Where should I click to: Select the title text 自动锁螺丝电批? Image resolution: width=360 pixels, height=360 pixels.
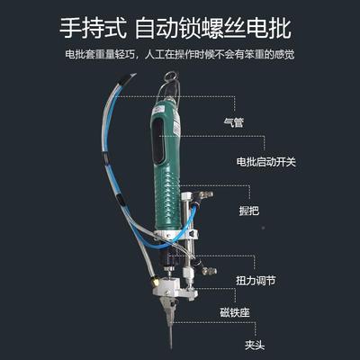[215, 26]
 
